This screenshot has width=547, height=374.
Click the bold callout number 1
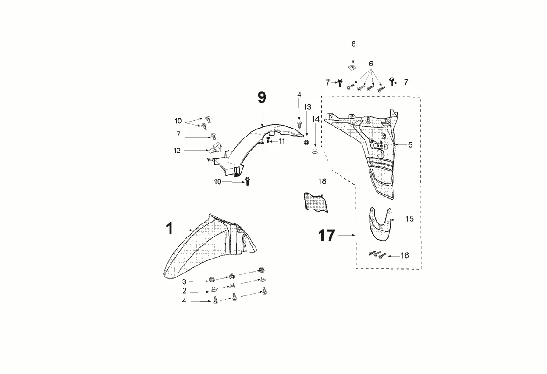pos(170,229)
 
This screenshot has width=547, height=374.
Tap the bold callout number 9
pos(262,97)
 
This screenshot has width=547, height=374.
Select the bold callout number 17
pos(327,235)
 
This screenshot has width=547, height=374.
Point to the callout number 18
pos(322,181)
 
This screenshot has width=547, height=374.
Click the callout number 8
pos(354,43)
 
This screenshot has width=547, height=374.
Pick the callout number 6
pos(371,64)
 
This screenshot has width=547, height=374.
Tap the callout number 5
pos(410,144)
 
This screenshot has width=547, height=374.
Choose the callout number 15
pos(410,219)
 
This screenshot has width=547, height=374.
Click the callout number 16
pos(405,256)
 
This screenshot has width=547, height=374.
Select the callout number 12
pos(177,151)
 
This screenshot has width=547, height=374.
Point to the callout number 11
pos(282,142)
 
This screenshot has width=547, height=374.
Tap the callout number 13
pos(308,107)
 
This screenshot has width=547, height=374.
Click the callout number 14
pos(316,119)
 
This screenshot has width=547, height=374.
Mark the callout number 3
pos(184,281)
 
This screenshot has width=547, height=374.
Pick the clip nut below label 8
pos(353,66)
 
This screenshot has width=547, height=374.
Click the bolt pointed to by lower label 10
pos(247,181)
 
